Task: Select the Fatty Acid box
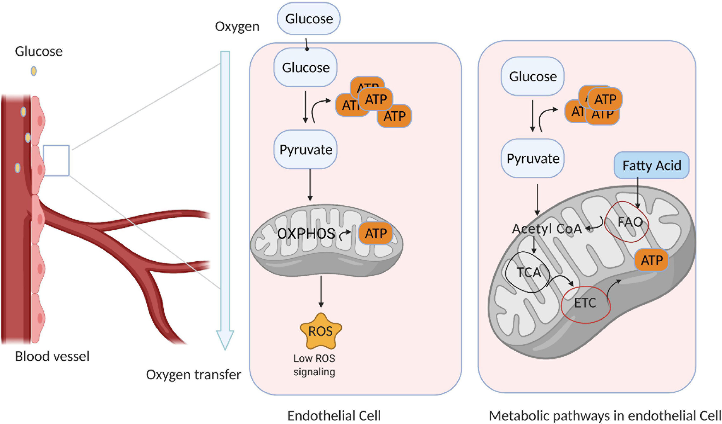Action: click(x=651, y=165)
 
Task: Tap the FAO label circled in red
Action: click(x=629, y=222)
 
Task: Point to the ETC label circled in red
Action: click(x=585, y=303)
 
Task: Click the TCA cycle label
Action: click(x=529, y=272)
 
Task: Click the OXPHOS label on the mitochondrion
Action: click(x=306, y=234)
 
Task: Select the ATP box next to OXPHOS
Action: click(x=376, y=233)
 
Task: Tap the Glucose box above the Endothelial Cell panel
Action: click(x=309, y=19)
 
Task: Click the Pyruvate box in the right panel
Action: click(x=533, y=158)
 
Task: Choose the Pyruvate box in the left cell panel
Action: click(x=306, y=149)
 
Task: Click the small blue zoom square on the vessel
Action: click(x=56, y=161)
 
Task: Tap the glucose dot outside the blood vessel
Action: click(x=34, y=71)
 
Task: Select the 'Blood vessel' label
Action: click(x=52, y=356)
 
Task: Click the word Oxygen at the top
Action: click(x=237, y=26)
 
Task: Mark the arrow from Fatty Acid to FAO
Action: click(x=637, y=192)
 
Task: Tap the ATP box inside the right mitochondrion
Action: click(x=652, y=260)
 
